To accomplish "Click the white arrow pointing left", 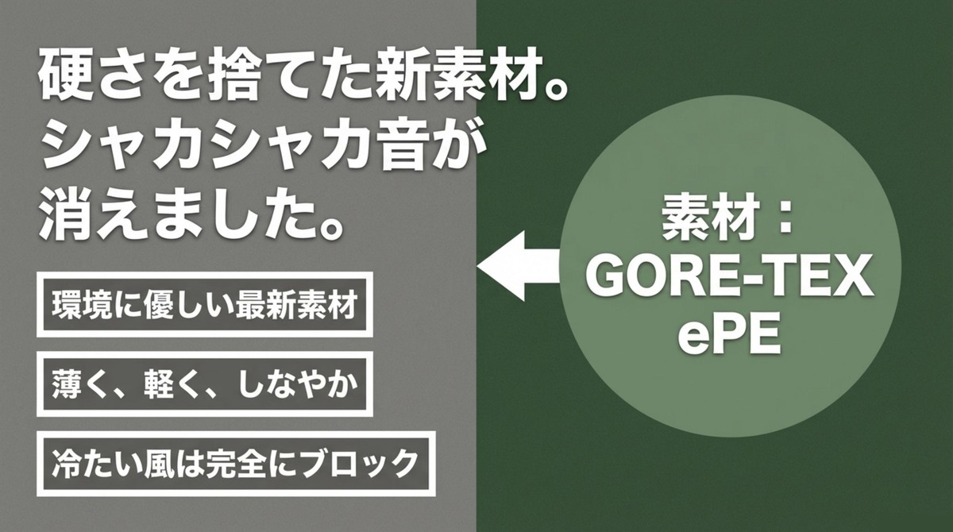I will click(520, 267).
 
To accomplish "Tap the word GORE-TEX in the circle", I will click(729, 279).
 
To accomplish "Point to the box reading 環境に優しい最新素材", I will click(203, 305).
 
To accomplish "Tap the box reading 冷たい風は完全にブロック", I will click(233, 462).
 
